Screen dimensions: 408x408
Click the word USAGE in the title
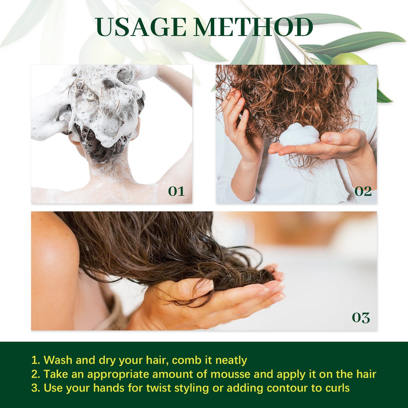(141, 27)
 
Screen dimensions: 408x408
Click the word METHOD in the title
(253, 27)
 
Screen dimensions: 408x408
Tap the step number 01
(176, 191)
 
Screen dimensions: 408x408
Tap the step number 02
(363, 191)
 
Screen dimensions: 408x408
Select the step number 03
(361, 318)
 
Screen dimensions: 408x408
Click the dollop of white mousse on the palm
(299, 135)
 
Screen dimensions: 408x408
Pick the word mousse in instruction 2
(230, 374)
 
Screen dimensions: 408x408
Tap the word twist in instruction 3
(158, 388)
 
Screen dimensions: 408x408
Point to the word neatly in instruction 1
(231, 360)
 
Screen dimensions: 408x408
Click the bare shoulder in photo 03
(54, 248)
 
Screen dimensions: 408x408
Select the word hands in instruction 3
(109, 388)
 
